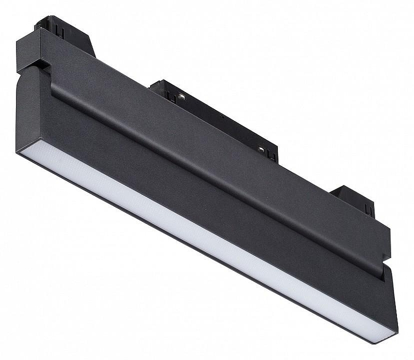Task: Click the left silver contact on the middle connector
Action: [x=182, y=96]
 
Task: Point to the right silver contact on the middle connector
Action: [x=261, y=149]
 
